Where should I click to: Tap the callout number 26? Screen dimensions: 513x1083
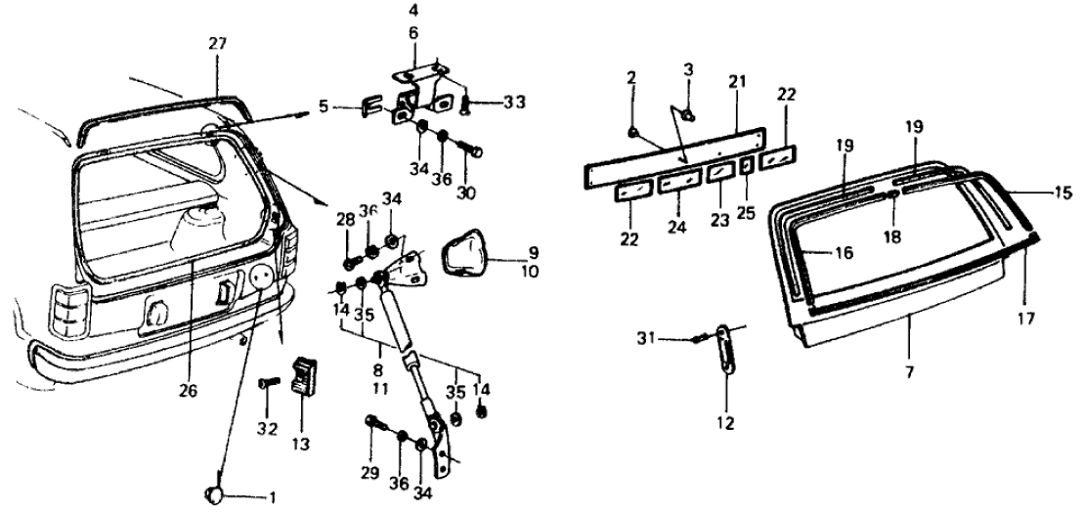[x=189, y=390]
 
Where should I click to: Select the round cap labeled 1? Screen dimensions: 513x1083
[x=214, y=494]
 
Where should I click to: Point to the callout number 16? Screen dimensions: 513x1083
[x=842, y=252]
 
